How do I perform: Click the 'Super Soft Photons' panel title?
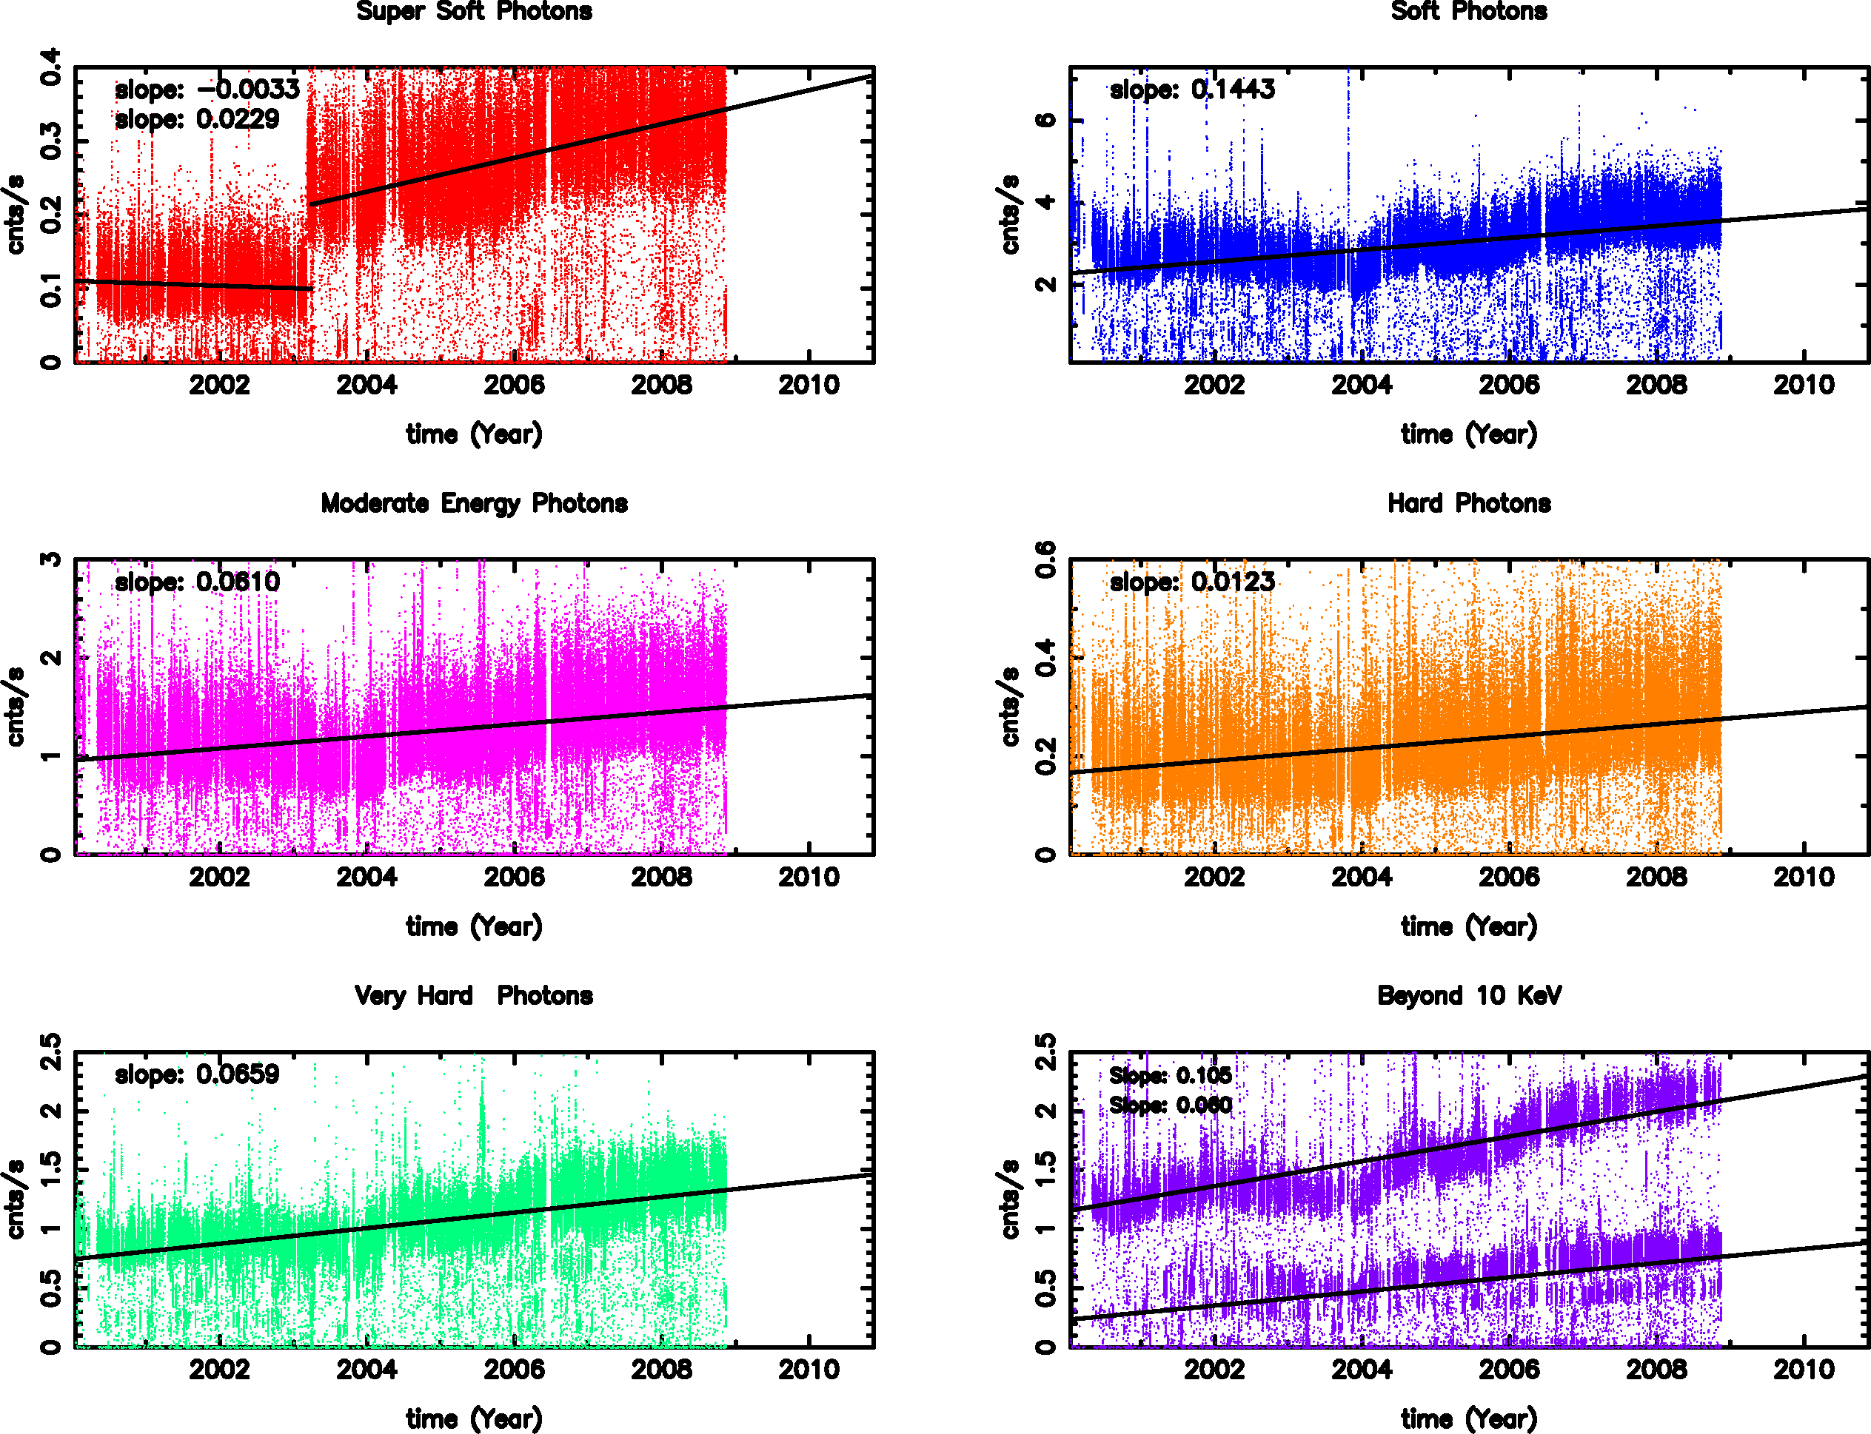click(x=474, y=12)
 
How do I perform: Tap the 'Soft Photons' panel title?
click(x=1469, y=12)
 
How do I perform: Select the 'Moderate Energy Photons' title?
click(x=474, y=504)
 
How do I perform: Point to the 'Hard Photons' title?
click(x=1469, y=504)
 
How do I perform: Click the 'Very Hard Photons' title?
click(x=474, y=995)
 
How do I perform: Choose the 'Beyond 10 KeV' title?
click(x=1469, y=995)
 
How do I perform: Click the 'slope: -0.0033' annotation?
click(x=207, y=90)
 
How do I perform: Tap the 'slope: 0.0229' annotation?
click(x=197, y=120)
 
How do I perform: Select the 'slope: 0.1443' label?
click(x=1192, y=90)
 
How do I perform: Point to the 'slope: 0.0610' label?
click(x=197, y=582)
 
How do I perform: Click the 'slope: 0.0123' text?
click(x=1192, y=582)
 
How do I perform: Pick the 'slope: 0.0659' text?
click(x=197, y=1074)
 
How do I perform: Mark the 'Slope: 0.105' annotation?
click(x=1171, y=1076)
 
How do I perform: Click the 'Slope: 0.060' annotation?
click(x=1171, y=1105)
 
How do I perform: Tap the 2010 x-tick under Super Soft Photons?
click(x=809, y=386)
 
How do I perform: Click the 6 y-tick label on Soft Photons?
click(x=1045, y=120)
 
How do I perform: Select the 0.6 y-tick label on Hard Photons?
click(x=1045, y=559)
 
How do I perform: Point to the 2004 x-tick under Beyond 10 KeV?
click(x=1361, y=1369)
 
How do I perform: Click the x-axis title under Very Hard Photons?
click(x=474, y=1418)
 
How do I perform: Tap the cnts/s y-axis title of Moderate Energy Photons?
click(x=16, y=707)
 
